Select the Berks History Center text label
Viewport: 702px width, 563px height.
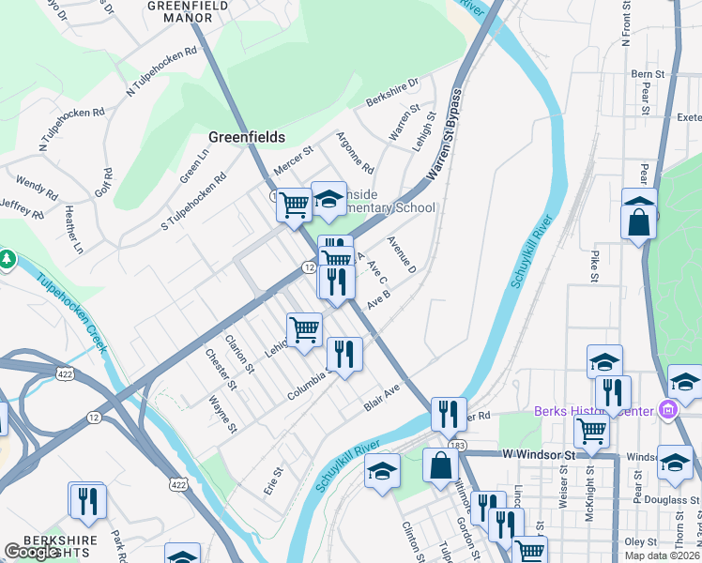(594, 411)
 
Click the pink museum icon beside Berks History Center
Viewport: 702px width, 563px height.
(667, 409)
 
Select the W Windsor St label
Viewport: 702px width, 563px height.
(537, 454)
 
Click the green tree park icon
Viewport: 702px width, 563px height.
(7, 257)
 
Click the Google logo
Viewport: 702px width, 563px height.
(33, 551)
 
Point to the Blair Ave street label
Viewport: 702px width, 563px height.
(382, 397)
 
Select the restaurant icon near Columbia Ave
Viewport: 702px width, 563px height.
(344, 355)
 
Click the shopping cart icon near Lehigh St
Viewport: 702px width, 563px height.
(304, 330)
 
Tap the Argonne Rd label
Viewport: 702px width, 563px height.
(355, 152)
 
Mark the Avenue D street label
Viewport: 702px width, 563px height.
(401, 254)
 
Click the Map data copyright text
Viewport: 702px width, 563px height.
(661, 555)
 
